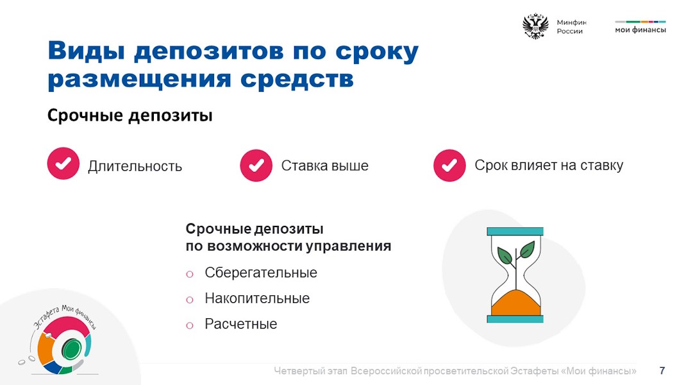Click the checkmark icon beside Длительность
(63, 164)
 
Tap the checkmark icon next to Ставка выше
(256, 166)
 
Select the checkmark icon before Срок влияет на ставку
(449, 166)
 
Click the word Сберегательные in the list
(261, 273)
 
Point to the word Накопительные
(257, 298)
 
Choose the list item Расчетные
(241, 324)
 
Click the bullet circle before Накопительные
(190, 300)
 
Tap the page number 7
(662, 371)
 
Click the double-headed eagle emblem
(535, 26)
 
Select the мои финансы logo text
(640, 30)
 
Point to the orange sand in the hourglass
(515, 303)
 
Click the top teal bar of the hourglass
(515, 232)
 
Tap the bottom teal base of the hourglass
(515, 319)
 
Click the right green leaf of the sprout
(526, 249)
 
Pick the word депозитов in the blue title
(209, 52)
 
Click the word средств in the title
(297, 80)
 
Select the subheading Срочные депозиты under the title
(130, 116)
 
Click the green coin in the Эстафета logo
(71, 349)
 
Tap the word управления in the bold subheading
(348, 246)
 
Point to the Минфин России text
(571, 26)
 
